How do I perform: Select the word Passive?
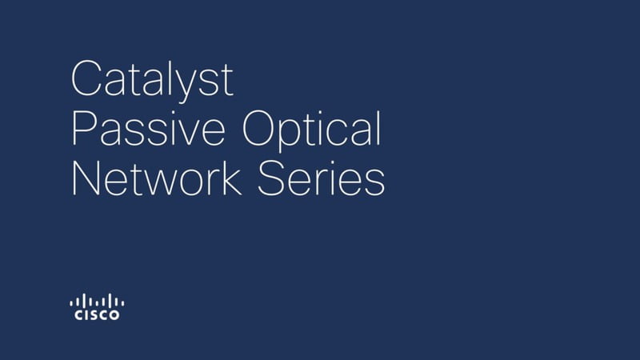click(149, 128)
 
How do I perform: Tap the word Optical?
click(312, 130)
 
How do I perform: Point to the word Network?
click(156, 178)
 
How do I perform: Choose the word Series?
click(322, 178)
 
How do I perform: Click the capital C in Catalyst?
click(86, 78)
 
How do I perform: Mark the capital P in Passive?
click(85, 128)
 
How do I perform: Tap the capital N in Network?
click(86, 178)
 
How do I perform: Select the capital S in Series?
click(271, 178)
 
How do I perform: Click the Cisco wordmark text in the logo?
click(97, 315)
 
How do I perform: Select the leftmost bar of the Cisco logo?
click(71, 303)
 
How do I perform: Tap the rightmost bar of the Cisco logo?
click(123, 303)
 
